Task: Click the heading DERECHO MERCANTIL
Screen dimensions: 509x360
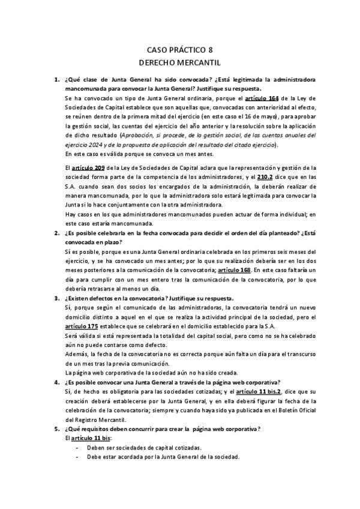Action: pyautogui.click(x=179, y=61)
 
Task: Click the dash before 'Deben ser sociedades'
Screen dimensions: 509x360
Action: pyautogui.click(x=77, y=448)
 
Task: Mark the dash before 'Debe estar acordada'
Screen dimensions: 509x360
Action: pyautogui.click(x=77, y=457)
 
